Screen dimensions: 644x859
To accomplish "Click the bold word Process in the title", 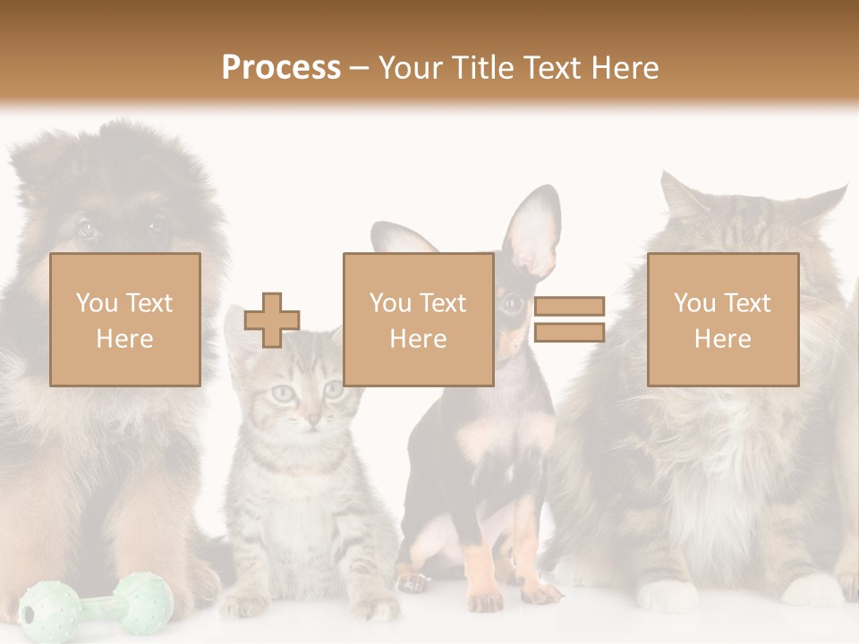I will (x=281, y=68).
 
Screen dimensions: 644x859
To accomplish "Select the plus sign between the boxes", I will (x=272, y=320).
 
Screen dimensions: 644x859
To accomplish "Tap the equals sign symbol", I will (x=569, y=319).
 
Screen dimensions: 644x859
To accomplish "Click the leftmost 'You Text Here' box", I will (x=125, y=319).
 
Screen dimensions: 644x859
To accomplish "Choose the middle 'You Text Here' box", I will (x=418, y=319).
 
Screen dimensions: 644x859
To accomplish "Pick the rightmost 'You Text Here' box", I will (x=722, y=319).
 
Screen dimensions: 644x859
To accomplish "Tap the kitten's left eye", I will (x=282, y=392).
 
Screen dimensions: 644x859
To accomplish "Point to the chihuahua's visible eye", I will (x=512, y=304).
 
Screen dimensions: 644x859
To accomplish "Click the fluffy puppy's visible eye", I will (x=87, y=228).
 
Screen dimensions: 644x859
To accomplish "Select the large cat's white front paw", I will (x=667, y=595).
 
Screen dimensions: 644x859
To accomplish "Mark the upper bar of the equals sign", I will (x=569, y=307).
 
